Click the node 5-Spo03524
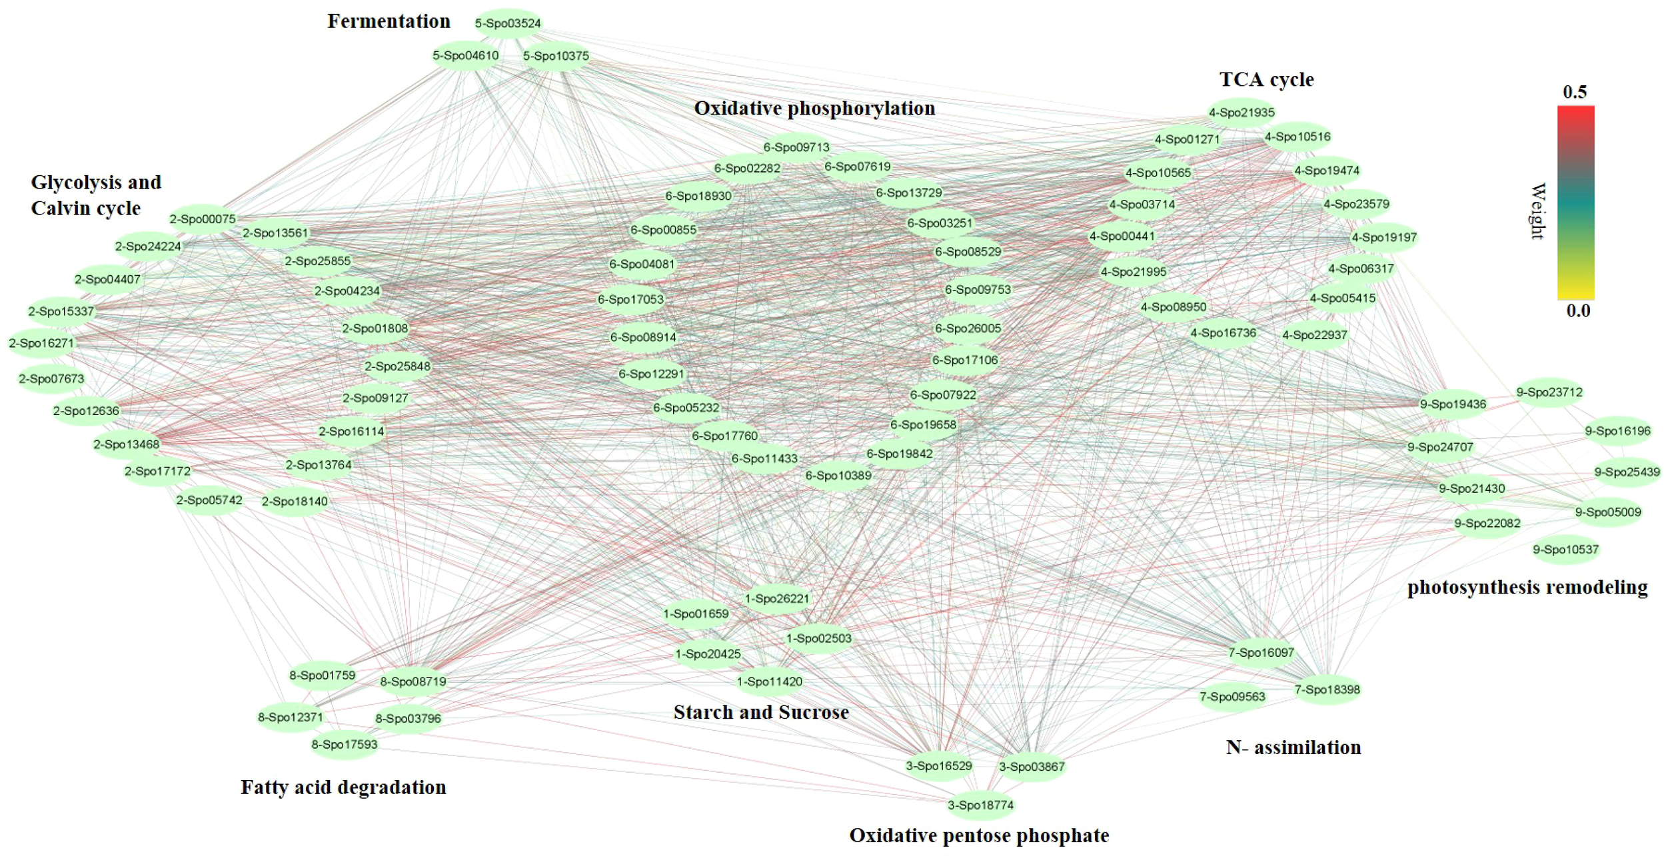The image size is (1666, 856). point(508,23)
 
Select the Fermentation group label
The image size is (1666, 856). point(389,21)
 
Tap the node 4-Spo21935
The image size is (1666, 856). point(1242,113)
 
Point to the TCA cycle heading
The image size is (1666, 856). point(1266,79)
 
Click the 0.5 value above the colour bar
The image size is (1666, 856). point(1575,92)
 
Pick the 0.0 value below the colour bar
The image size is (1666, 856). point(1577,310)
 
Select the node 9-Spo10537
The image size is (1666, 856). point(1565,550)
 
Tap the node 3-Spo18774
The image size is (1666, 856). point(980,805)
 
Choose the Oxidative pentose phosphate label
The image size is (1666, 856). point(978,835)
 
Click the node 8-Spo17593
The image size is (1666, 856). point(345,744)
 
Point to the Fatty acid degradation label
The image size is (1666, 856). point(343,787)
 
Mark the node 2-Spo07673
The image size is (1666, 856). point(51,379)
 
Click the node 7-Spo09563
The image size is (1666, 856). point(1232,697)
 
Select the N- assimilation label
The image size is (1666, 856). point(1293,747)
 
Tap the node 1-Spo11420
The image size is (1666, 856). point(769,681)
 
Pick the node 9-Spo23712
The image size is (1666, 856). point(1549,392)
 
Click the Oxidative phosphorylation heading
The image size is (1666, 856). point(814,108)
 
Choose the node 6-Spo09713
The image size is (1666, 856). point(796,147)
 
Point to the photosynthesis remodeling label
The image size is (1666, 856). point(1527,587)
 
